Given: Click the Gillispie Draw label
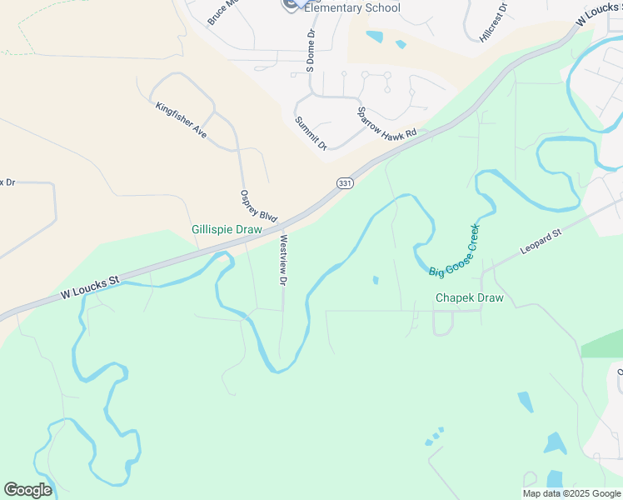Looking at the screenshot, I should [x=227, y=229].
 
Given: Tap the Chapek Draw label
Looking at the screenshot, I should [x=469, y=297].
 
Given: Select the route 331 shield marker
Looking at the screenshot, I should [x=345, y=182].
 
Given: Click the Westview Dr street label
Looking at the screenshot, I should [x=283, y=260].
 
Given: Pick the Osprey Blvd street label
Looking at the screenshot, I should [x=257, y=205].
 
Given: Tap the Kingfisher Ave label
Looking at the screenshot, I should [x=181, y=119].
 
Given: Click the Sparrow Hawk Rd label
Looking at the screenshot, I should [x=391, y=124].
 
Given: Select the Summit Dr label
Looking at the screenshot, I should [x=311, y=132].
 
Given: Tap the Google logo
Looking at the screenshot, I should [x=27, y=490].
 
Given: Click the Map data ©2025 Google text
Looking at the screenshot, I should [x=571, y=493].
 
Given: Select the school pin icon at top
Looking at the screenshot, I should [x=289, y=5].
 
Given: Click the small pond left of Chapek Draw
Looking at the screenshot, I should [x=376, y=280].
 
